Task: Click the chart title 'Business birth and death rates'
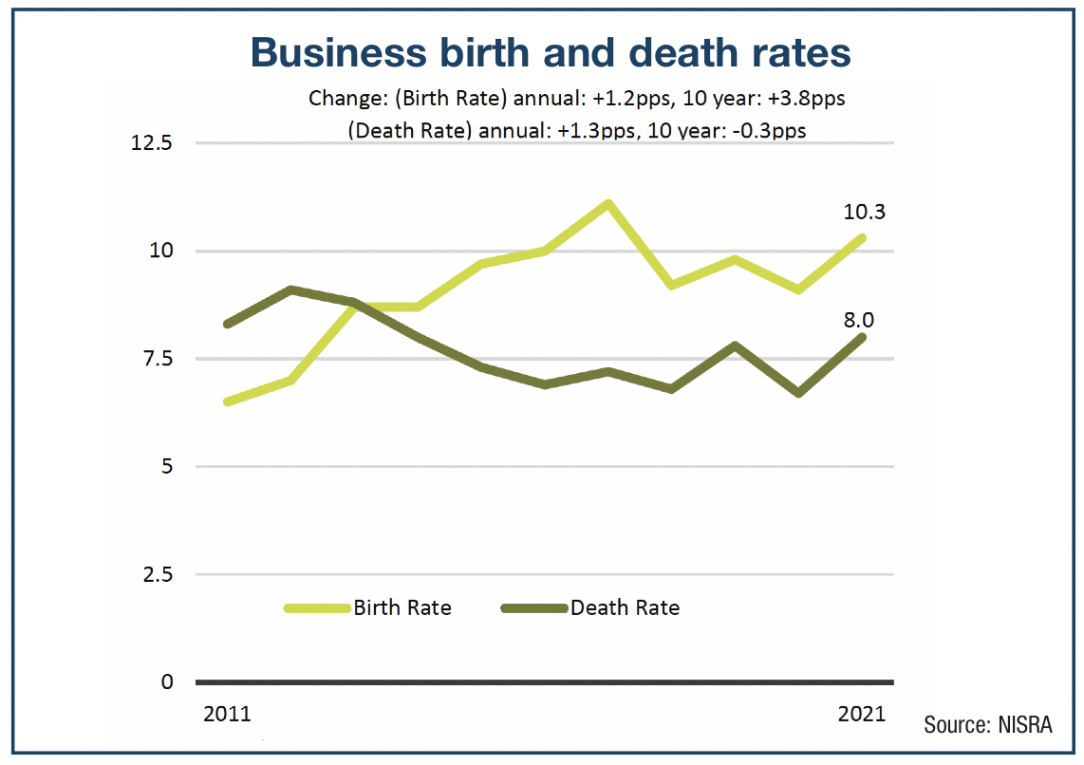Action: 551,53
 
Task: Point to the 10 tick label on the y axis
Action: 161,252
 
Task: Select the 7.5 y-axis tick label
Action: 157,359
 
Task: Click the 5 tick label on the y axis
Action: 166,467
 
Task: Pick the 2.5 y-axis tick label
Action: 157,574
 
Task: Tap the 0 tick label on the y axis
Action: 167,681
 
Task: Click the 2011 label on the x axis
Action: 228,714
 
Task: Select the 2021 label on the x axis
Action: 861,714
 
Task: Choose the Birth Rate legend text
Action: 402,607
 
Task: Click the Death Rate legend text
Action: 625,607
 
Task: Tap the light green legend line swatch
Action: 317,607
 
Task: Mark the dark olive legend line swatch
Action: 533,607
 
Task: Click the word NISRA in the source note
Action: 1025,725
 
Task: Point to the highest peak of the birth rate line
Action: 607,203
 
